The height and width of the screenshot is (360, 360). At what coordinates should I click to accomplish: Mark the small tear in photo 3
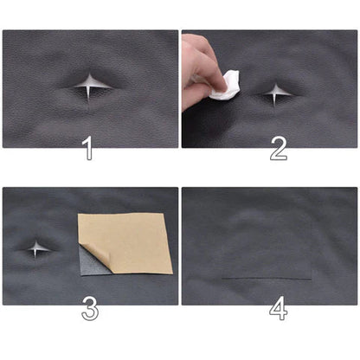[35, 249]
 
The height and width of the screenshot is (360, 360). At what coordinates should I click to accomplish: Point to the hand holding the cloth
[197, 65]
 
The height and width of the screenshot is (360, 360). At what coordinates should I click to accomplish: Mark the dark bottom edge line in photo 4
[266, 279]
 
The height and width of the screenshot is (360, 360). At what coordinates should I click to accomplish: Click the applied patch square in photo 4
[266, 247]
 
